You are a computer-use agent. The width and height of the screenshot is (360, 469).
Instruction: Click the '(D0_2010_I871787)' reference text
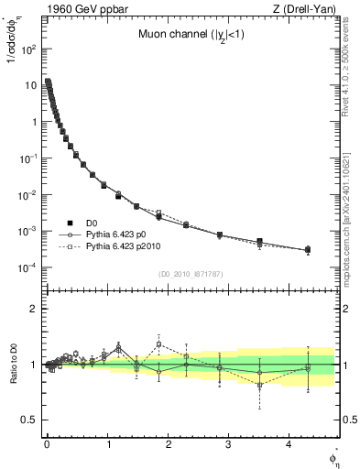point(191,274)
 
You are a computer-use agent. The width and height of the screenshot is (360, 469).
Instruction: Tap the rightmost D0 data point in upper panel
point(308,249)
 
